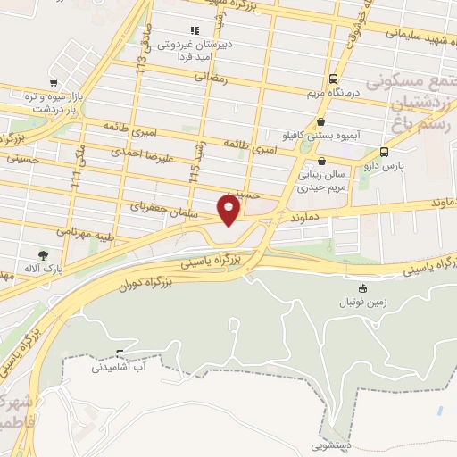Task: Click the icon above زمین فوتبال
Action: click(x=361, y=288)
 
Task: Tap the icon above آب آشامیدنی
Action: click(x=120, y=352)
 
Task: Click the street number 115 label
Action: click(x=196, y=170)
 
